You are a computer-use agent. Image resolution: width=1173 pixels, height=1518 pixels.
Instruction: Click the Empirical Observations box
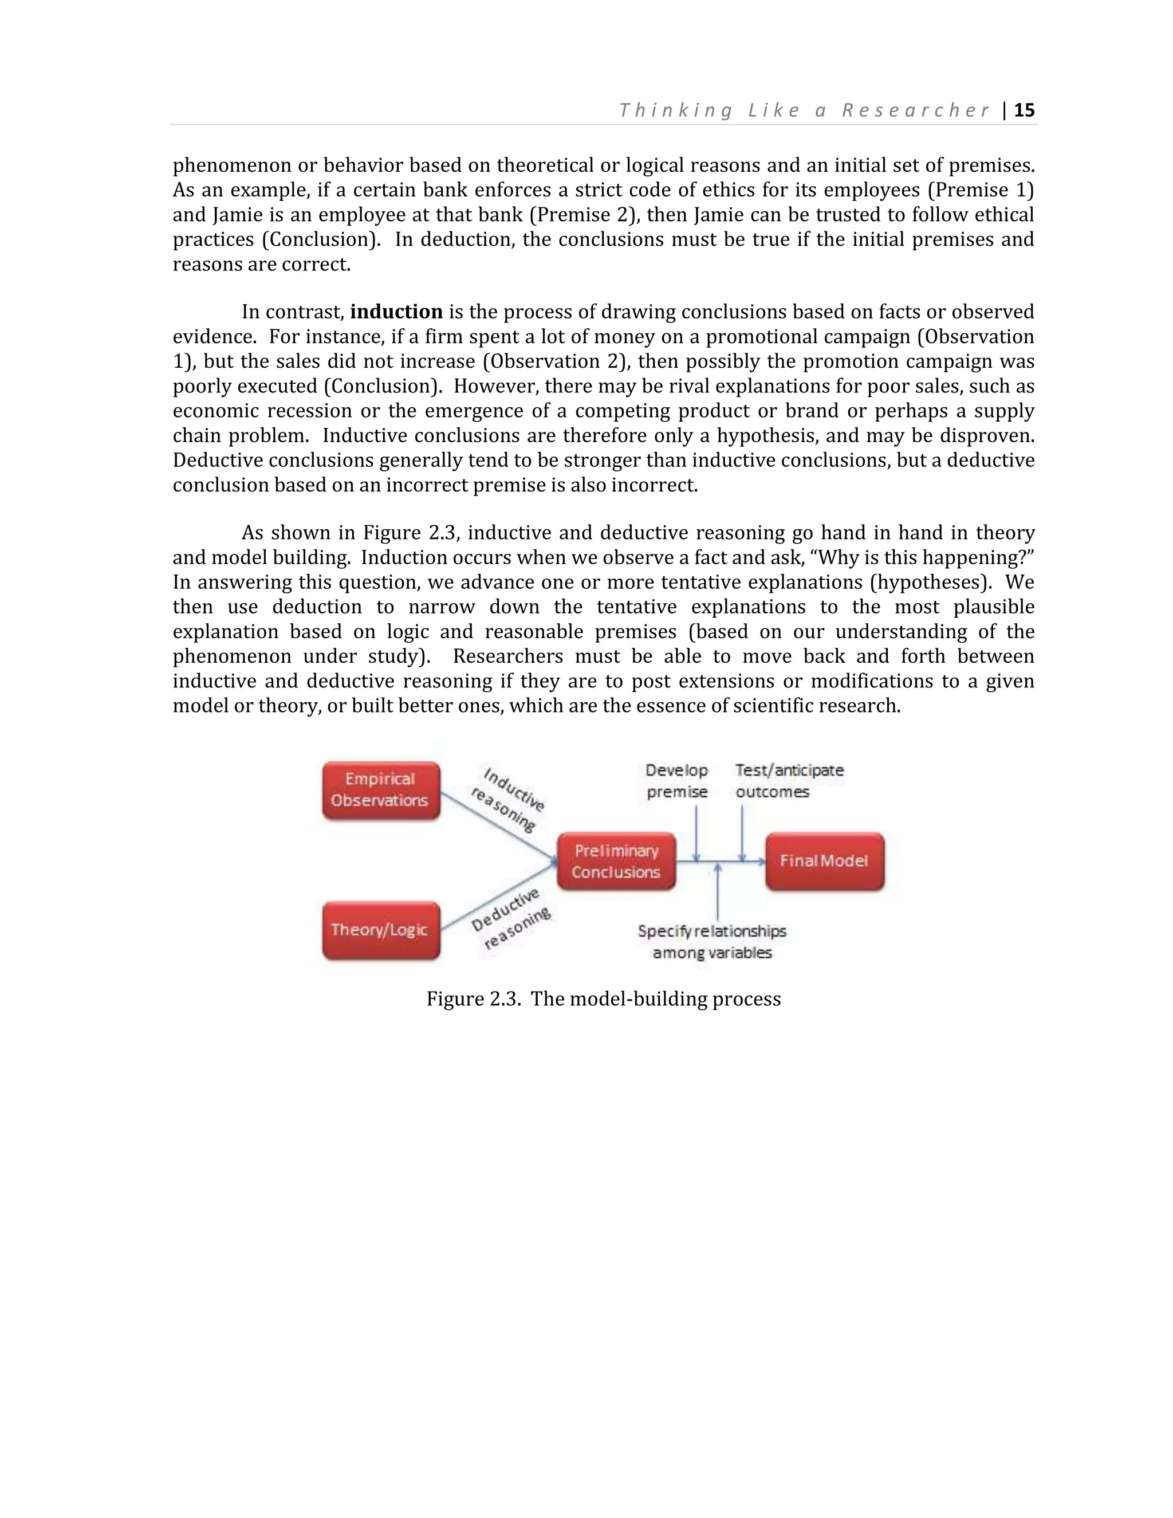[381, 791]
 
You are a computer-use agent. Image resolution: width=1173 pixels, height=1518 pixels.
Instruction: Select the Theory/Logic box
[381, 930]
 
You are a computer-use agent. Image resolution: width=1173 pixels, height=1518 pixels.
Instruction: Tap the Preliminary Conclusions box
[616, 861]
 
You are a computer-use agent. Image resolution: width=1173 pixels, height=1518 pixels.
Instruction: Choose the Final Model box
[824, 861]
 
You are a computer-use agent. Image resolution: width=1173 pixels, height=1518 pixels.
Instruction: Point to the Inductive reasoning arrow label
[509, 799]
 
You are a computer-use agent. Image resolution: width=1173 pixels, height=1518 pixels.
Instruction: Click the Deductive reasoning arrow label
[511, 918]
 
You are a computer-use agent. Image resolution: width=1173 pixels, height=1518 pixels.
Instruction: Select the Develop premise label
[676, 781]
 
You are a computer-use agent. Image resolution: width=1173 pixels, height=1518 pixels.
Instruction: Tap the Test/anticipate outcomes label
[789, 781]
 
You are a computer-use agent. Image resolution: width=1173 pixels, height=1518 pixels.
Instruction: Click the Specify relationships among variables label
[713, 941]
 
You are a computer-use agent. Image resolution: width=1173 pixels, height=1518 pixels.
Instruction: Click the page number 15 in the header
[1024, 111]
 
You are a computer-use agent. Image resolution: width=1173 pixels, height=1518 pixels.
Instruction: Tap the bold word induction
[396, 312]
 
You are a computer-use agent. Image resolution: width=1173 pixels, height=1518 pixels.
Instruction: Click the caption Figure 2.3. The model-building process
[603, 999]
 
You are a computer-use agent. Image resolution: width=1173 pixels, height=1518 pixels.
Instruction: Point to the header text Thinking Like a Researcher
[804, 111]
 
